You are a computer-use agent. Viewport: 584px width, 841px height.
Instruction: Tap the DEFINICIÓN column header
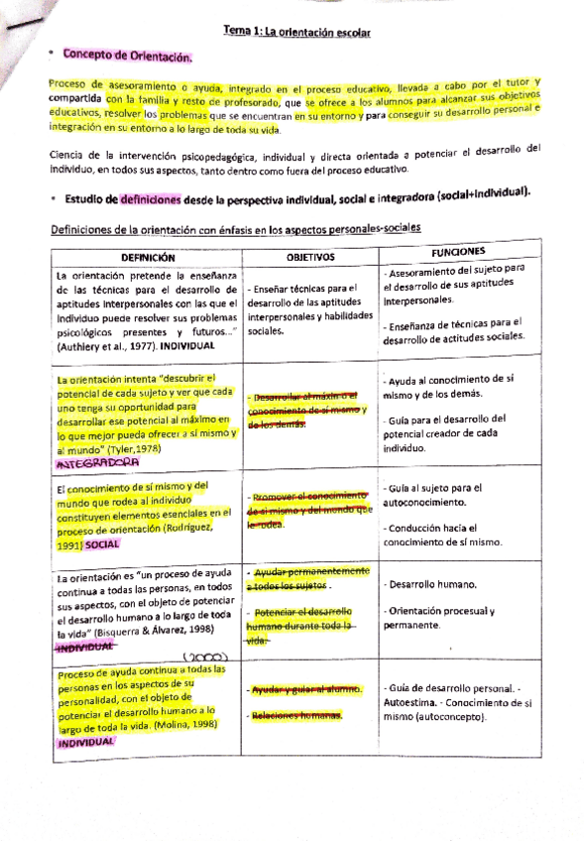tap(149, 255)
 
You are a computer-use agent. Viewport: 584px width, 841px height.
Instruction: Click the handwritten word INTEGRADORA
tap(98, 462)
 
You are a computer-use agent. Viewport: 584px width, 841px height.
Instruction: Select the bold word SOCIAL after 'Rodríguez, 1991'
tap(102, 544)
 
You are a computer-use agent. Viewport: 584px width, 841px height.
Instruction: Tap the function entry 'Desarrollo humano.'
tap(421, 584)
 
